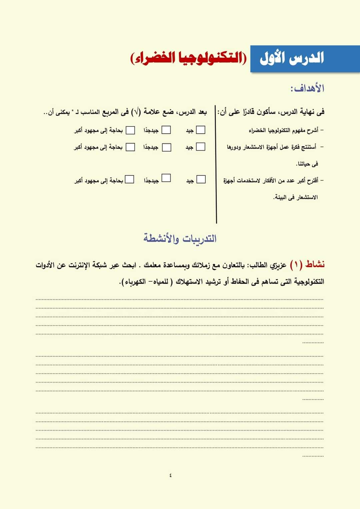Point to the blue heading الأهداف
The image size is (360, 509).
coord(307,88)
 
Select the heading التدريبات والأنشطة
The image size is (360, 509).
coord(180,238)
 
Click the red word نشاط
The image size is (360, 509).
coord(315,264)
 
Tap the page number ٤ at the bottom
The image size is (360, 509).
coord(170,475)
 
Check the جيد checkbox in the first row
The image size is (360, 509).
coord(201,130)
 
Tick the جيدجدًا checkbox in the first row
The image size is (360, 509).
coord(166,130)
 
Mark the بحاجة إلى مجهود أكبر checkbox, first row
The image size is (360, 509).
coord(130,130)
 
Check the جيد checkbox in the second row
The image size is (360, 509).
coord(201,147)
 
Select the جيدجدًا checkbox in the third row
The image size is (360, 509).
coord(166,178)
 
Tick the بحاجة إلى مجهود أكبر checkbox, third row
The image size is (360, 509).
coord(129,179)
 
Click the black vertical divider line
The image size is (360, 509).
coord(216,165)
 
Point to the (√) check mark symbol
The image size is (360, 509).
coord(136,112)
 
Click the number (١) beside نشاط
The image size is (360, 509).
coord(296,265)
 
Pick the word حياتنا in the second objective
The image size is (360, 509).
coord(308,164)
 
